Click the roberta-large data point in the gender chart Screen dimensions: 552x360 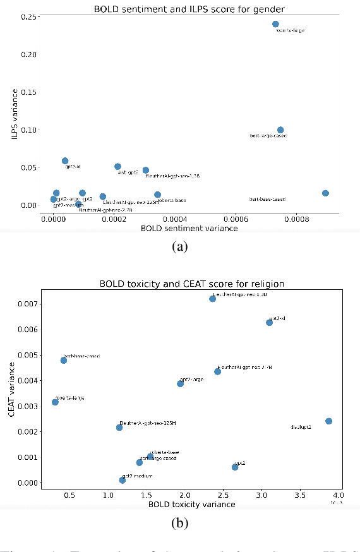click(x=275, y=24)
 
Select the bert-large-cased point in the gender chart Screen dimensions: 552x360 click(x=280, y=130)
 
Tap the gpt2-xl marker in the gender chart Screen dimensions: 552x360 click(x=65, y=161)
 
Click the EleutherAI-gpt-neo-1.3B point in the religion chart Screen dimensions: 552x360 click(x=213, y=299)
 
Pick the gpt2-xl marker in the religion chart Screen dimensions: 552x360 click(x=269, y=322)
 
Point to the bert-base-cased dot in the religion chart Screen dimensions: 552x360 click(x=64, y=360)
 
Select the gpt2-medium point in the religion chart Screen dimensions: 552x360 click(x=123, y=480)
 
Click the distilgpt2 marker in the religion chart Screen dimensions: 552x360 click(x=328, y=421)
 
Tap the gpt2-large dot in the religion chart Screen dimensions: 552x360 click(x=180, y=383)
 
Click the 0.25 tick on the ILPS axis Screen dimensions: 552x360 click(x=28, y=16)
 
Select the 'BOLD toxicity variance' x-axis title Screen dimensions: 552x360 click(x=191, y=505)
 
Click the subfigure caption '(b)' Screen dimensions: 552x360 click(x=180, y=523)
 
